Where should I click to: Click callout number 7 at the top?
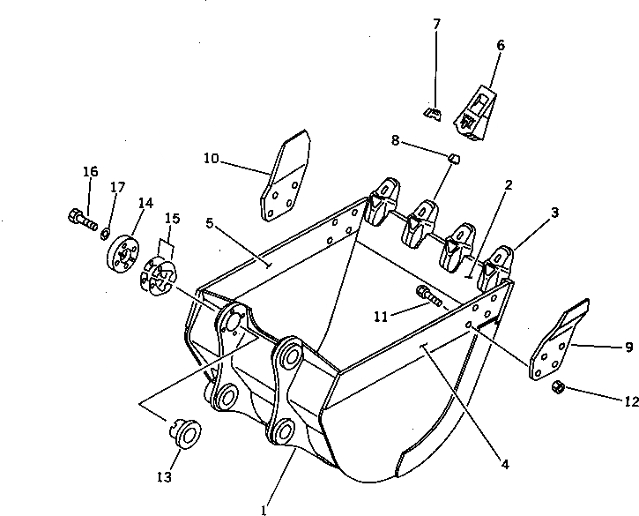(x=436, y=23)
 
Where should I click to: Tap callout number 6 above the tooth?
(x=501, y=45)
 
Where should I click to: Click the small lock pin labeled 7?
(x=432, y=113)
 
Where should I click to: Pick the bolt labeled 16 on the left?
(x=80, y=215)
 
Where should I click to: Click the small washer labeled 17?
(x=105, y=232)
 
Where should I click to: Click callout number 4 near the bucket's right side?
(x=505, y=460)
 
